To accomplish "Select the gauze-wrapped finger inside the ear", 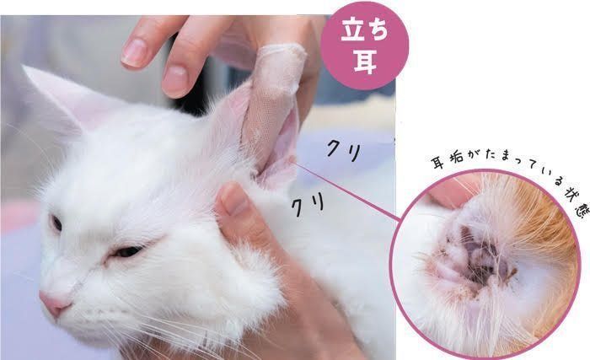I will pos(271,105).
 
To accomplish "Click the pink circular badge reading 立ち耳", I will pos(364,46).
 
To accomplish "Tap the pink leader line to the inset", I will pos(346,191).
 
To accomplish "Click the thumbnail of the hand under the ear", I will pos(233,201).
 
